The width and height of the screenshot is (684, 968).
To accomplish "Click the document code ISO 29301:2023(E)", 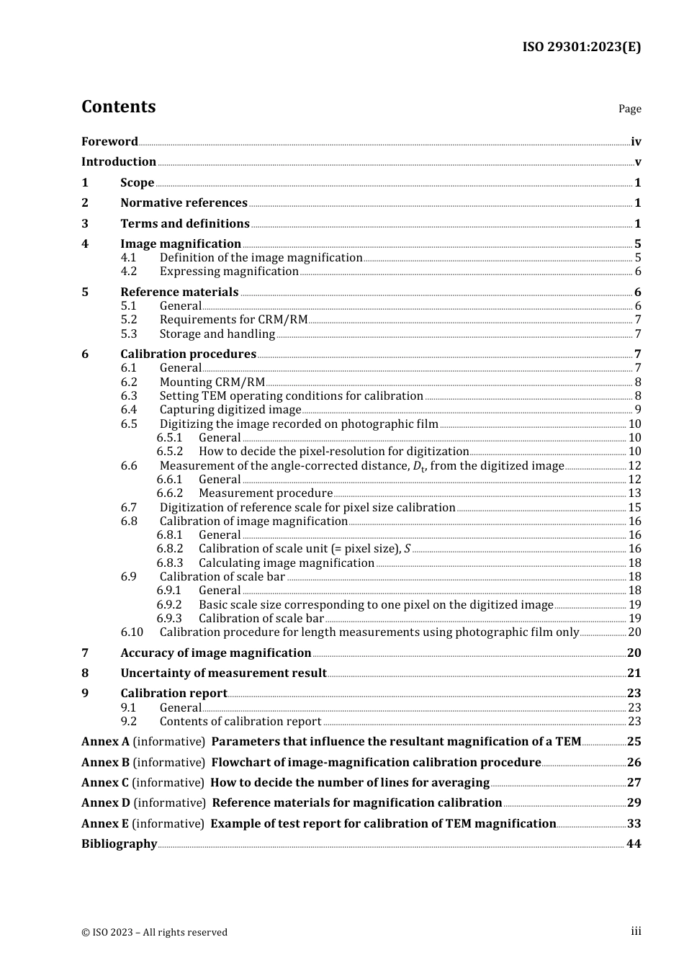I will [581, 47].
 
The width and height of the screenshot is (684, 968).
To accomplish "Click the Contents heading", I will [118, 107].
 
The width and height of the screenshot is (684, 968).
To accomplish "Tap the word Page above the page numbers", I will [629, 109].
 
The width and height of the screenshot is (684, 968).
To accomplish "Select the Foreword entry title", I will [109, 142].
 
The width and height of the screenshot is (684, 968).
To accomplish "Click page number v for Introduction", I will [637, 162].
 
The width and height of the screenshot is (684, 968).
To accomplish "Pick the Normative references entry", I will [184, 203].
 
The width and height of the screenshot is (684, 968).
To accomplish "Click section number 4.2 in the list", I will [129, 272].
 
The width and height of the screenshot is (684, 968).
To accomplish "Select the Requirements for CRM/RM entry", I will [233, 320].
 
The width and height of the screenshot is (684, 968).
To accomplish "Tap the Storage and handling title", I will [217, 334].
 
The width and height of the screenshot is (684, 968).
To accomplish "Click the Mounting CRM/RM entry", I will [212, 382].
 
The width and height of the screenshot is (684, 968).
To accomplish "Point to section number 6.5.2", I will [169, 452].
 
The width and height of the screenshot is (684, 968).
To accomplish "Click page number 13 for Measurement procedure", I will [634, 493].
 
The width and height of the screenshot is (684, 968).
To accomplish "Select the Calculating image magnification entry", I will [286, 563].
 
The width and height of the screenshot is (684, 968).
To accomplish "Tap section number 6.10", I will [132, 632].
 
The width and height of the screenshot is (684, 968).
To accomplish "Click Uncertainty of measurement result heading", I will [223, 673].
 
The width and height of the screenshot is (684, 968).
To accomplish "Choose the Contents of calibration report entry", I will [240, 722].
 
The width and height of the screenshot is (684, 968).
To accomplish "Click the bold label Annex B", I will [105, 763].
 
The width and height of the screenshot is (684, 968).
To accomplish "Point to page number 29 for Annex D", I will [634, 803].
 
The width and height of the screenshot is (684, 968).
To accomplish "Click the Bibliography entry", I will [119, 844].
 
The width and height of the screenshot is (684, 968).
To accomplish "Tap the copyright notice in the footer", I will [154, 933].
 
